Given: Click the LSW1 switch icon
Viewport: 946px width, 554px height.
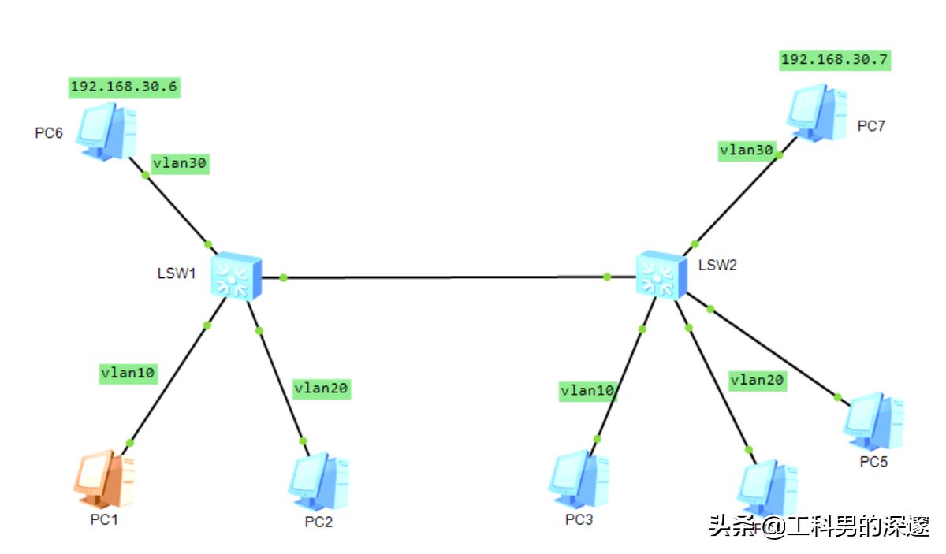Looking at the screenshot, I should pos(236,276).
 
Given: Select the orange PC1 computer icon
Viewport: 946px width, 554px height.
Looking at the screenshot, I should pos(103,480).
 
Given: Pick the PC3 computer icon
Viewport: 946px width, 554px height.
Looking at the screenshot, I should pos(579,480).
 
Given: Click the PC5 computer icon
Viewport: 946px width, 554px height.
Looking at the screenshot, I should pos(872,422).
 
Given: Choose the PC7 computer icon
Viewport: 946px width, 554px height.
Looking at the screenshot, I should pos(817,112).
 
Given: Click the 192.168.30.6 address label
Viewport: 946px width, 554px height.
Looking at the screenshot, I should pos(124,87).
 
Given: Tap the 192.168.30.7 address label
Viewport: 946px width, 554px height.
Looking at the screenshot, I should pos(836,60).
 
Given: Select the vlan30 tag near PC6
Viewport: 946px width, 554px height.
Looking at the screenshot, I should pos(180,163).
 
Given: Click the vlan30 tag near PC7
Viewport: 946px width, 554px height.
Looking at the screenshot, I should pos(747,150).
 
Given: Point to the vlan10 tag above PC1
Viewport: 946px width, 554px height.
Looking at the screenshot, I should pos(128,373).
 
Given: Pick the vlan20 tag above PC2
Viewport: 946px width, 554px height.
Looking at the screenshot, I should pos(321,388).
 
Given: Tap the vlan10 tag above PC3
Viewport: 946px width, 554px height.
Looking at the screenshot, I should pos(587,391).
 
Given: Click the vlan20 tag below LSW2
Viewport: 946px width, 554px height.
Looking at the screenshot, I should pos(757,380).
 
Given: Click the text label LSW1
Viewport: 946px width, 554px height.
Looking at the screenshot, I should pos(176,273).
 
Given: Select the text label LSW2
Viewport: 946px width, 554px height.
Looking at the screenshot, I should pos(717,265).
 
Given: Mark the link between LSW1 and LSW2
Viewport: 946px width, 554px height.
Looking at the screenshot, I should pos(445,277).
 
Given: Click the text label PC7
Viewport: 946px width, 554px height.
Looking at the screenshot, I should pos(872,125).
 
